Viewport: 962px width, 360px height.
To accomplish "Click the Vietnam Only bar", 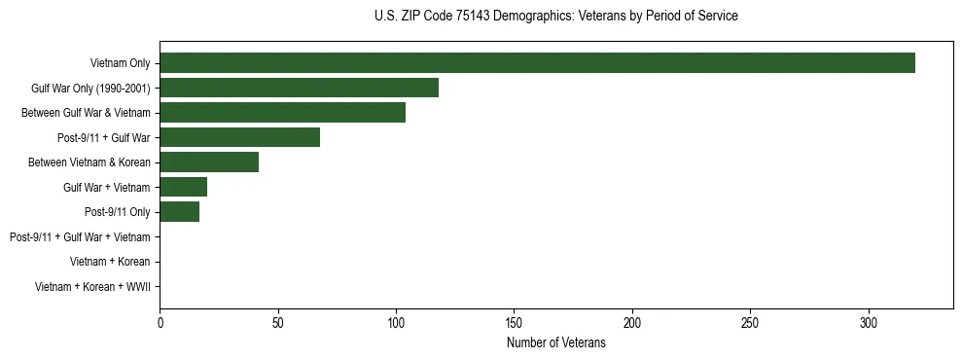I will tap(537, 63).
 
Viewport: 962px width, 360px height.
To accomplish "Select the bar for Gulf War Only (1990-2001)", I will tap(299, 88).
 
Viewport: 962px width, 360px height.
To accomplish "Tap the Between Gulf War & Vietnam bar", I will tap(282, 113).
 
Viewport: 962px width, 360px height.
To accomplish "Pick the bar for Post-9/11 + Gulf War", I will tap(239, 137).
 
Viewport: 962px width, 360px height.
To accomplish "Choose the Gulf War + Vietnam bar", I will tap(183, 187).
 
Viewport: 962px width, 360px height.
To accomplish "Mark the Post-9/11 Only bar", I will tap(179, 212).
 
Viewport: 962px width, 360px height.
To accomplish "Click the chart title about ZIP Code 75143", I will tap(555, 17).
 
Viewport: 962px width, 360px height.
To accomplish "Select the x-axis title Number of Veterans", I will tap(555, 342).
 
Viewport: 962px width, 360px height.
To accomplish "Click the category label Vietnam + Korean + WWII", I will tap(92, 287).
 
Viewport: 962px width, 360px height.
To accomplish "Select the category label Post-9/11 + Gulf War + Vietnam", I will tap(80, 236).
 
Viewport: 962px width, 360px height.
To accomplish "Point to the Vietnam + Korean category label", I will tap(110, 262).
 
